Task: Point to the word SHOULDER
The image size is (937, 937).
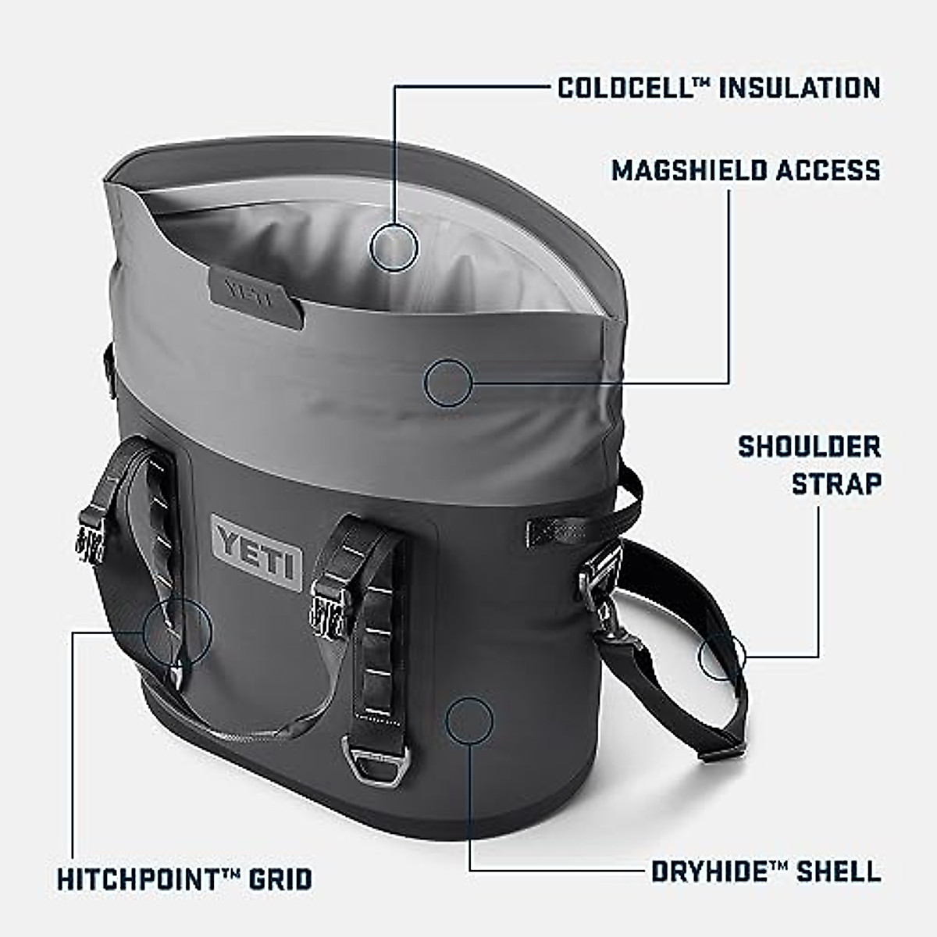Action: (809, 447)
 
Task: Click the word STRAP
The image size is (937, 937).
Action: (836, 483)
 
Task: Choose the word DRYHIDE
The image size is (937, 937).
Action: (709, 871)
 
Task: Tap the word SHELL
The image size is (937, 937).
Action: (839, 871)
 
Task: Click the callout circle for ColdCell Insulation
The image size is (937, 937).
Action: (394, 247)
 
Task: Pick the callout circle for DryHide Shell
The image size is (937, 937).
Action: (469, 719)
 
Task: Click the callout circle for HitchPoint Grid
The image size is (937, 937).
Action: (177, 632)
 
